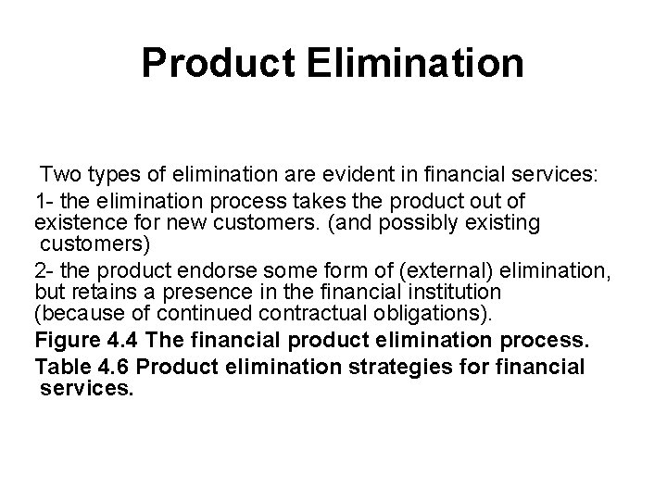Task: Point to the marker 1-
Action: pyautogui.click(x=44, y=200)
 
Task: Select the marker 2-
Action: pyautogui.click(x=44, y=269)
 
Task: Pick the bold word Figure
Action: pyautogui.click(x=68, y=343)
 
